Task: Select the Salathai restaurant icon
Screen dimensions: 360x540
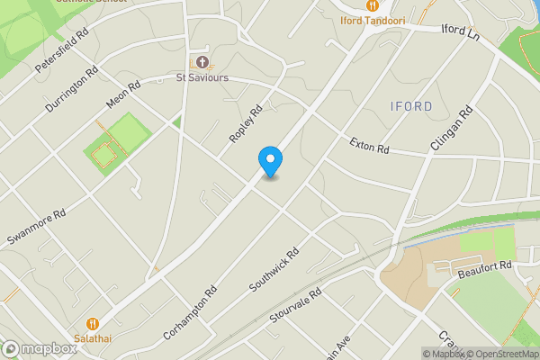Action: pyautogui.click(x=92, y=323)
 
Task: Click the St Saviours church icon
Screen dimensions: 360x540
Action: pyautogui.click(x=202, y=62)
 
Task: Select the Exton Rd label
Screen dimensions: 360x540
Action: pyautogui.click(x=369, y=143)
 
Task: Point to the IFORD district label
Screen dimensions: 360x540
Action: pyautogui.click(x=412, y=106)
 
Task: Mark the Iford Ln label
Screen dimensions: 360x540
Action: pyautogui.click(x=462, y=31)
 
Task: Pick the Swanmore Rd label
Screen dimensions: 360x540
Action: pyautogui.click(x=37, y=229)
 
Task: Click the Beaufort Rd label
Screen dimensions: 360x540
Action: pyautogui.click(x=484, y=265)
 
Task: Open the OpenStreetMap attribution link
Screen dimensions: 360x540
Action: pyautogui.click(x=501, y=354)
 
